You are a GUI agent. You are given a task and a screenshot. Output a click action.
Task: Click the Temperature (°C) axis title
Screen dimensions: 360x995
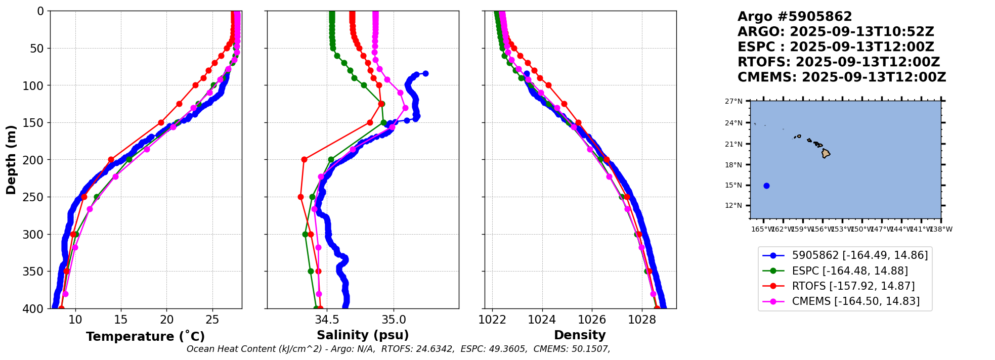coord(145,337)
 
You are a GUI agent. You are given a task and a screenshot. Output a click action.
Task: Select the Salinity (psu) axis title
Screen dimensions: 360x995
coord(363,335)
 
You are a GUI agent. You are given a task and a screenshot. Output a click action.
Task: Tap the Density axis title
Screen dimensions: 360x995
coord(580,335)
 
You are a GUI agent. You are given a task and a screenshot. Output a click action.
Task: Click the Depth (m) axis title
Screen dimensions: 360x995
coord(11,160)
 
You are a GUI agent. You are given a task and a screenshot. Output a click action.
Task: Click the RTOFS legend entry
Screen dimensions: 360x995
coord(853,286)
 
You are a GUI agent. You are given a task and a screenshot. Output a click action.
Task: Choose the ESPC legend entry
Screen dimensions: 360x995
coord(849,271)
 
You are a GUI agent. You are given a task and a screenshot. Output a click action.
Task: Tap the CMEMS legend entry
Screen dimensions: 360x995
coord(855,301)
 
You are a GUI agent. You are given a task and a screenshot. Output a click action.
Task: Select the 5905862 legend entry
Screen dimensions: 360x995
coord(859,255)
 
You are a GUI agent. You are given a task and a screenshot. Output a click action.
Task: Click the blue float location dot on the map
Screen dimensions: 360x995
coord(766,186)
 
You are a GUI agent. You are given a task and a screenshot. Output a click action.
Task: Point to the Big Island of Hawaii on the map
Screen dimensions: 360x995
coord(826,153)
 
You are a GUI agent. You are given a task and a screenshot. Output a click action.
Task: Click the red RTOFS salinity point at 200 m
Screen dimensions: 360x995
coord(304,159)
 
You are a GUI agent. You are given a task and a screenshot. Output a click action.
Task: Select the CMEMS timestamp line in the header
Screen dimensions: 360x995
coord(841,77)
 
